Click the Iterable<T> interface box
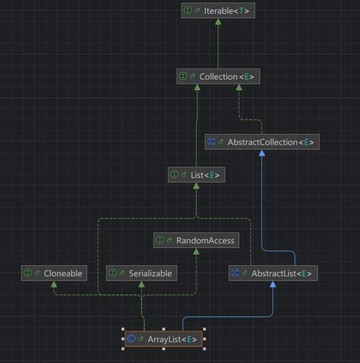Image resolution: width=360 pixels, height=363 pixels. [x=217, y=11]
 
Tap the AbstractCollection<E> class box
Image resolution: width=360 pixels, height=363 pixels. [x=261, y=142]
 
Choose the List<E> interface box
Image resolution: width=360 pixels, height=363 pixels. [x=196, y=174]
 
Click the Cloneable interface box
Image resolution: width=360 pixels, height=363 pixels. [x=54, y=273]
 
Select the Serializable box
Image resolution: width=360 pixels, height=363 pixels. [x=142, y=273]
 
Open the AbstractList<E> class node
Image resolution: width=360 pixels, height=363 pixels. [x=273, y=273]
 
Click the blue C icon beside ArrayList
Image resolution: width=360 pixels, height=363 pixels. [x=131, y=338]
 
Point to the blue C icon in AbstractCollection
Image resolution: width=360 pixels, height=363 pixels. [x=211, y=142]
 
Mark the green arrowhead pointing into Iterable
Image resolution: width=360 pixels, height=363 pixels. [x=217, y=23]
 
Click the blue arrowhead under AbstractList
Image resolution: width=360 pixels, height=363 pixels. [x=273, y=285]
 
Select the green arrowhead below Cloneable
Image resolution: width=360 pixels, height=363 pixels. [x=54, y=285]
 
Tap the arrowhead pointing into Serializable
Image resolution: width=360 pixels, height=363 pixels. [x=142, y=285]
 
